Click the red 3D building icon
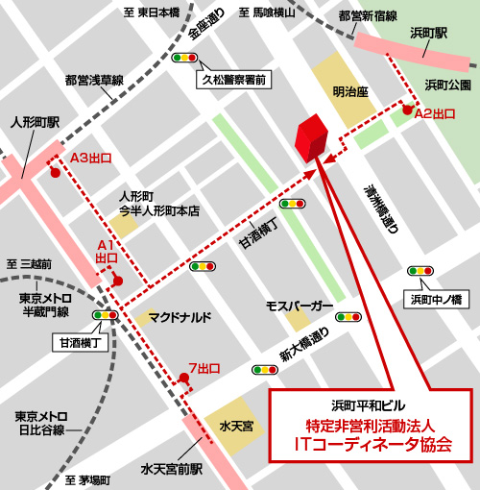pos(310,140)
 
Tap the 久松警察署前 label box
pos(236,81)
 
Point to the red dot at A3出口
pos(55,174)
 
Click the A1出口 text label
pos(107,253)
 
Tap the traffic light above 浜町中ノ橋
pos(420,272)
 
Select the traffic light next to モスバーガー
pos(348,315)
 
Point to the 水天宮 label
pos(235,424)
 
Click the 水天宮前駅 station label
pos(172,470)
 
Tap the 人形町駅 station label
pos(35,123)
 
